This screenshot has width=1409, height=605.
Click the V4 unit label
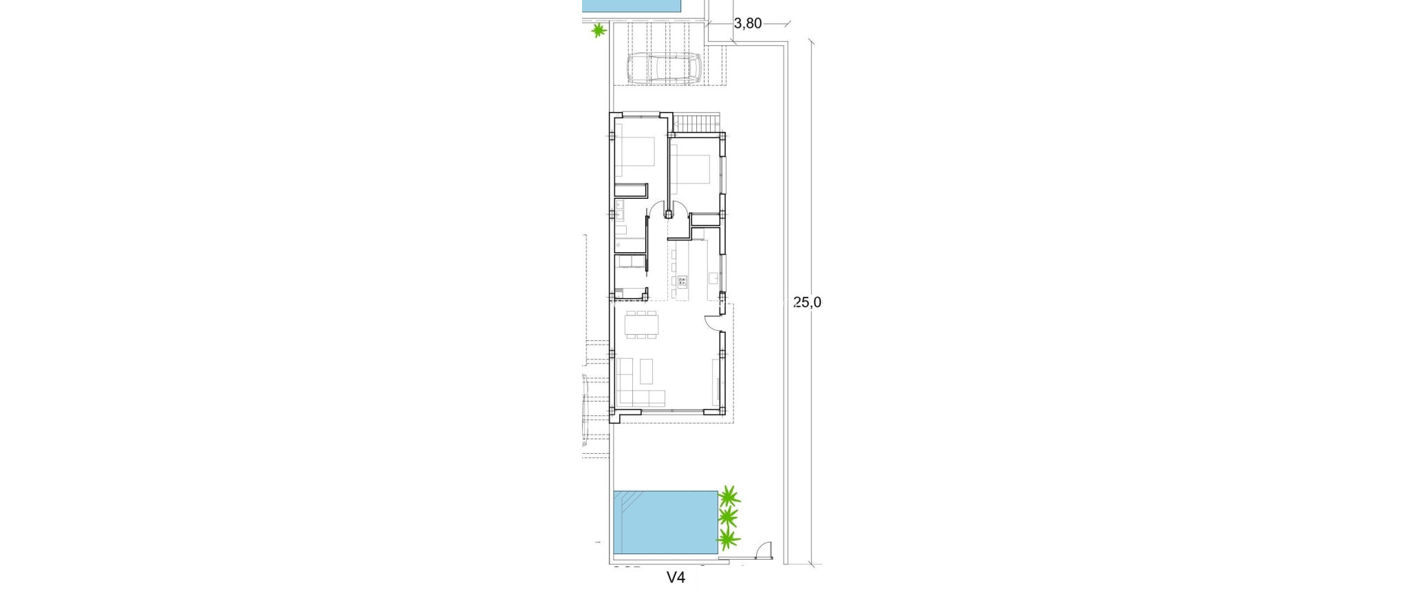676,578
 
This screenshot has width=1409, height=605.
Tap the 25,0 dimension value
808,302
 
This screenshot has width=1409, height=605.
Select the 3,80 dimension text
748,23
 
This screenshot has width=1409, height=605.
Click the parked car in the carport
663,68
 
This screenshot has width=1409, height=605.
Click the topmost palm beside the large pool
729,496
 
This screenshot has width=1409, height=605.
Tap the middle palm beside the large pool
728,516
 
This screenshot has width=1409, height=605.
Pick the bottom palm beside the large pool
728,539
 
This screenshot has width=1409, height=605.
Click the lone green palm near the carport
599,30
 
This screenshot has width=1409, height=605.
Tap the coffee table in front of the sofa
647,371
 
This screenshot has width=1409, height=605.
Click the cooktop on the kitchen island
683,280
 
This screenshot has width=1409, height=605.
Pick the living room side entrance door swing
713,322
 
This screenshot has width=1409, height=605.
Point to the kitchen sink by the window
713,278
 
